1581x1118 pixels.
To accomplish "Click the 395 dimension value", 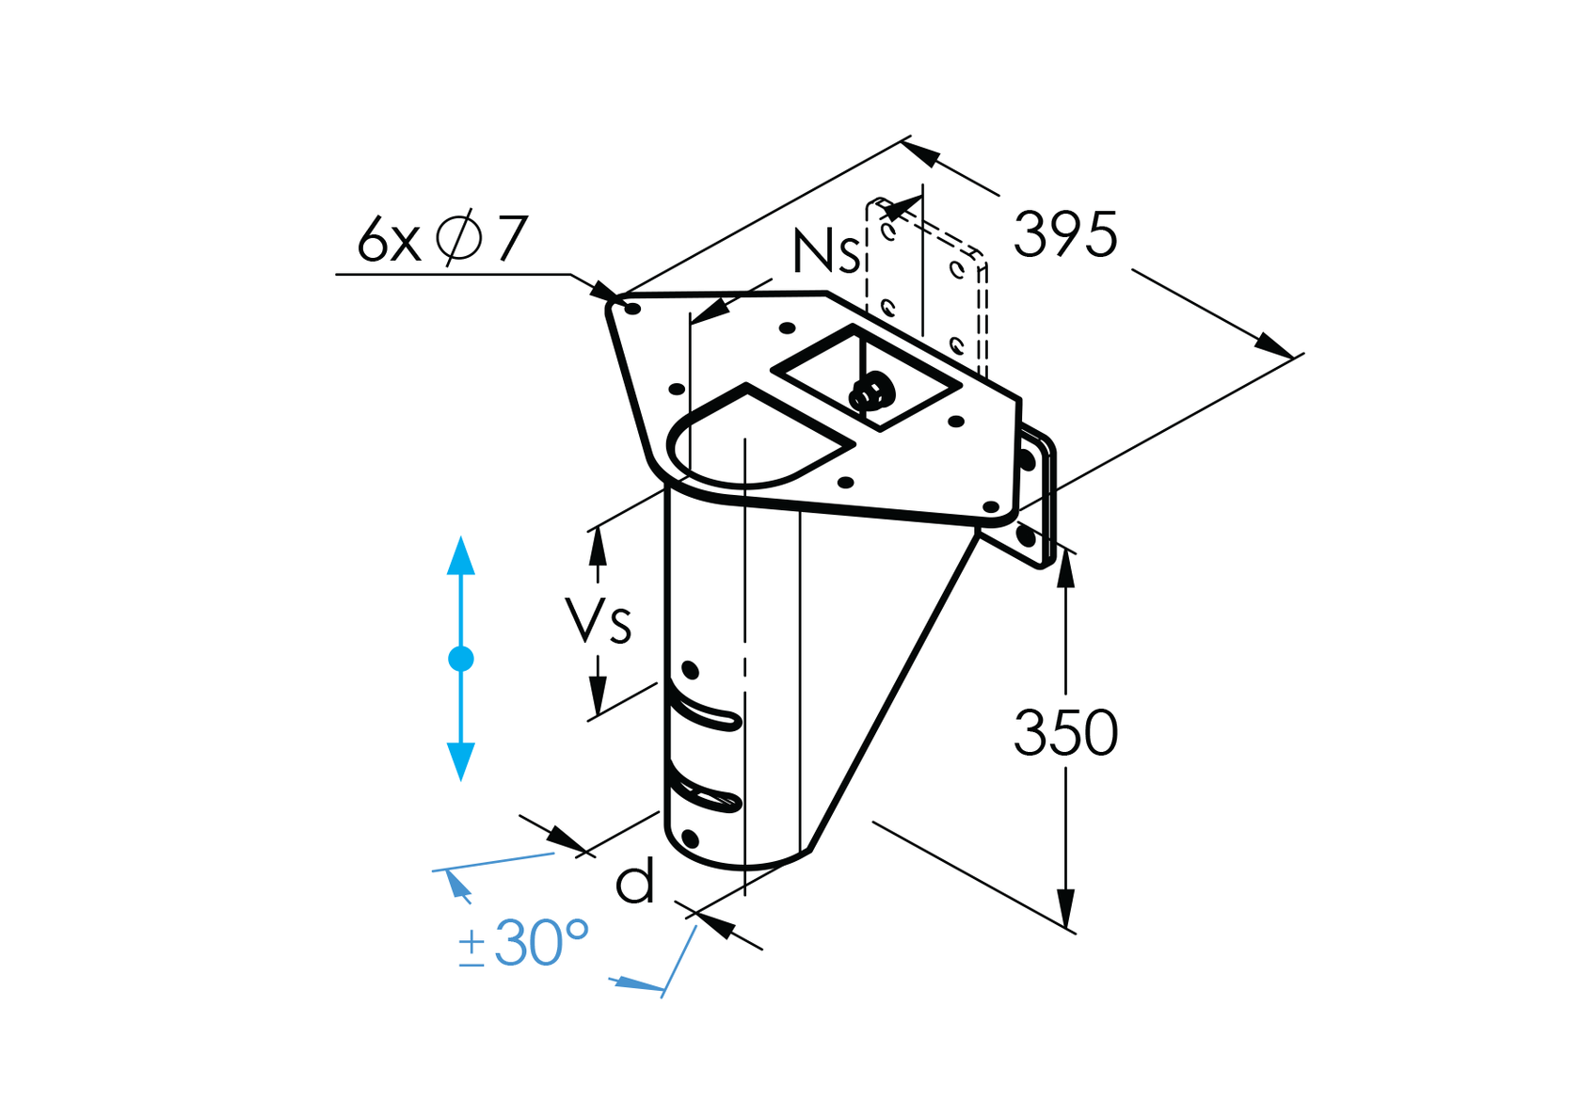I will click(x=1064, y=234).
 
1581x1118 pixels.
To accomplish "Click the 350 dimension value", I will click(x=1064, y=733).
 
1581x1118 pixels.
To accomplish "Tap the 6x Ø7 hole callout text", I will click(x=441, y=239).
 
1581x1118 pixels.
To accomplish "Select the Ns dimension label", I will click(x=825, y=251).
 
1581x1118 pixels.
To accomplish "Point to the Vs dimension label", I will click(x=599, y=620).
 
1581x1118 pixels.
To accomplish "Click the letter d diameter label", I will click(x=634, y=883).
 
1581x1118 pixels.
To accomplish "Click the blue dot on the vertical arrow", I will click(x=461, y=659).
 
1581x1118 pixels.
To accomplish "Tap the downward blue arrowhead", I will click(x=461, y=761).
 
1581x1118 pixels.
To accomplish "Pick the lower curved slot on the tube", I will click(x=706, y=795).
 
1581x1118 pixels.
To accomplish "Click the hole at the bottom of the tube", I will click(x=690, y=838).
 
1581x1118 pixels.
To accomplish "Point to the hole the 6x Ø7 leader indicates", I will click(x=632, y=308).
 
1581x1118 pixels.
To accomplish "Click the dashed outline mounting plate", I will click(x=927, y=282).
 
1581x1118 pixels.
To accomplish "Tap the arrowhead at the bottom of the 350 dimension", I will click(x=1065, y=909).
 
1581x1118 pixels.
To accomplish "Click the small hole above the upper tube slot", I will click(x=690, y=670).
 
